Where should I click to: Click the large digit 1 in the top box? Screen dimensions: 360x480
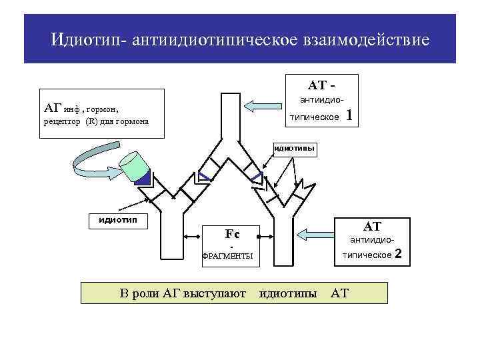coord(349,117)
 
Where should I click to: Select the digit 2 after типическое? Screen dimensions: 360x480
coord(399,254)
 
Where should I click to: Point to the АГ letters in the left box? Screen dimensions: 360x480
coord(52,107)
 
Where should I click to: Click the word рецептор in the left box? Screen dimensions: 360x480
coord(62,122)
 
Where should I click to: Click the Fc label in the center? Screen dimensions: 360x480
coord(232,234)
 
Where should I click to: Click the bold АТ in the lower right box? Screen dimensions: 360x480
coord(371,227)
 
